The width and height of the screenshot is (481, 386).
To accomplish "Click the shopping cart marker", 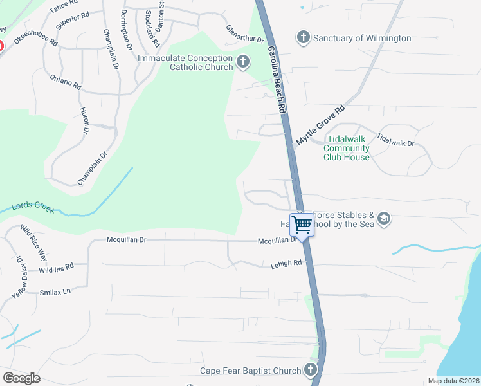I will tap(302, 225).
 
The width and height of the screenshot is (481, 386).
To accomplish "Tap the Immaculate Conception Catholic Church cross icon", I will tap(242, 62).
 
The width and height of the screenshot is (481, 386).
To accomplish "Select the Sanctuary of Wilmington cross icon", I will tap(304, 38).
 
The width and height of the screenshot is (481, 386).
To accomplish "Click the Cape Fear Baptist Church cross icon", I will tap(311, 370).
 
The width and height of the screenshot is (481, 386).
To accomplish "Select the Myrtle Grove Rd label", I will tap(321, 125).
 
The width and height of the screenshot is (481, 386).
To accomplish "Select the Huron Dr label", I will tap(84, 121).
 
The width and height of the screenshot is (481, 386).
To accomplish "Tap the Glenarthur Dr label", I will tap(245, 35).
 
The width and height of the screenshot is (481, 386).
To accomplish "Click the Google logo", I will tap(21, 378).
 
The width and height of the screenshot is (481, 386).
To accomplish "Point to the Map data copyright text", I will tap(453, 381).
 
